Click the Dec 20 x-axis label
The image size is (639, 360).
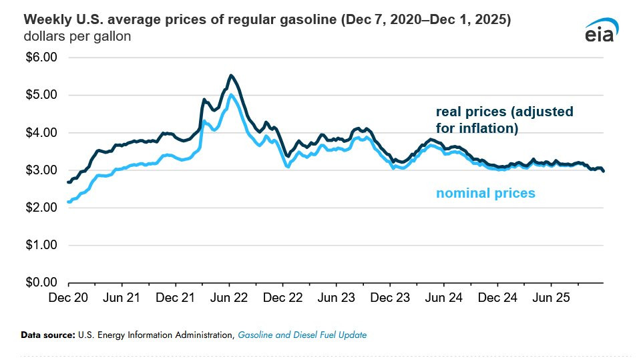69,297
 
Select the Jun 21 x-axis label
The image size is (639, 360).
123,297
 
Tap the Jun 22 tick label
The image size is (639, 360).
229,297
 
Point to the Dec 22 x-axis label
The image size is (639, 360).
283,297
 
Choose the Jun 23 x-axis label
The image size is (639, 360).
337,297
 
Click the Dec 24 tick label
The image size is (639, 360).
497,297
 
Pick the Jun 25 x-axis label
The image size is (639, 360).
551,297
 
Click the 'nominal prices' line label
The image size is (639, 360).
485,194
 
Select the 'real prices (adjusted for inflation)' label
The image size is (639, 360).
504,120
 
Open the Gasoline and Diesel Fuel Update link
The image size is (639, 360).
302,335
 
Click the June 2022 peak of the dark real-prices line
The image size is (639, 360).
231,75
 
